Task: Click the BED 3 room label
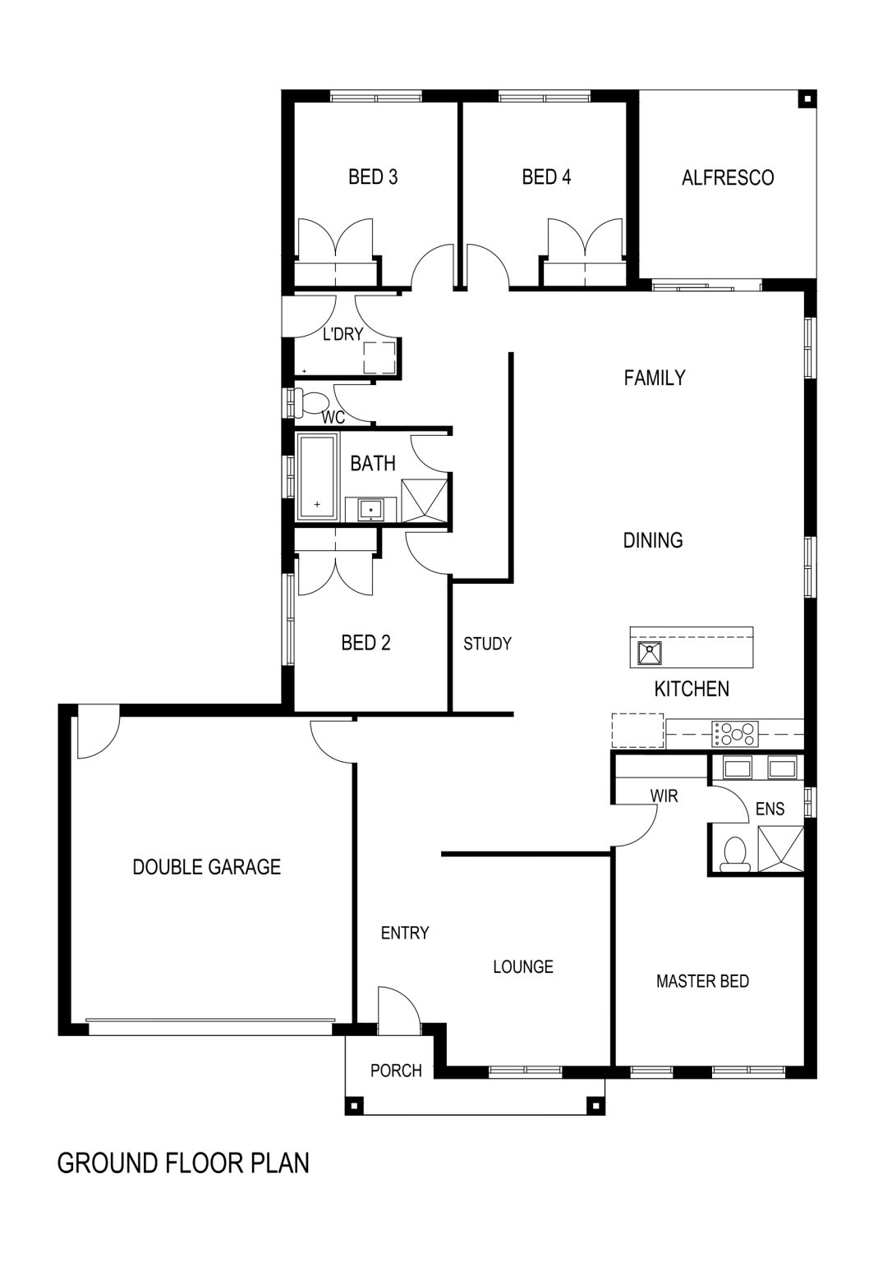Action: (x=373, y=177)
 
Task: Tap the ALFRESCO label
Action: (x=728, y=178)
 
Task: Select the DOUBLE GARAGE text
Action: (x=207, y=866)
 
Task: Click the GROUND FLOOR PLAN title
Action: (x=184, y=1163)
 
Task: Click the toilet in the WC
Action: (x=311, y=402)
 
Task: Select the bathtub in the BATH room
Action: (x=318, y=476)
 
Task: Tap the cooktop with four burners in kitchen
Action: (x=734, y=733)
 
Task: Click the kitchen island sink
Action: (x=650, y=653)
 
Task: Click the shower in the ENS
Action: (x=780, y=850)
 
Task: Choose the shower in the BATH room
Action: (x=424, y=501)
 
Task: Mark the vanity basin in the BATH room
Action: (x=370, y=510)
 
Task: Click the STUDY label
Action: (x=488, y=644)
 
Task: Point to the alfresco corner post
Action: (x=807, y=99)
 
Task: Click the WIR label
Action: (x=664, y=796)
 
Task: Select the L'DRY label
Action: (x=343, y=334)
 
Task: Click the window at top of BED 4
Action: (x=545, y=97)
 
